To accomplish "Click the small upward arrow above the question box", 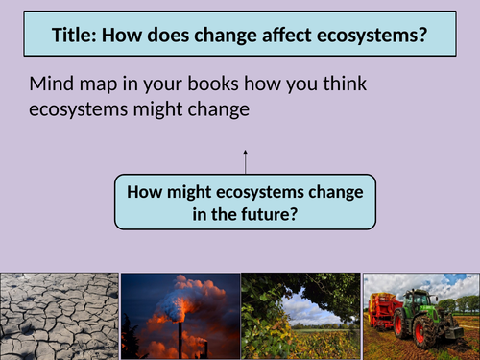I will (245, 158).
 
